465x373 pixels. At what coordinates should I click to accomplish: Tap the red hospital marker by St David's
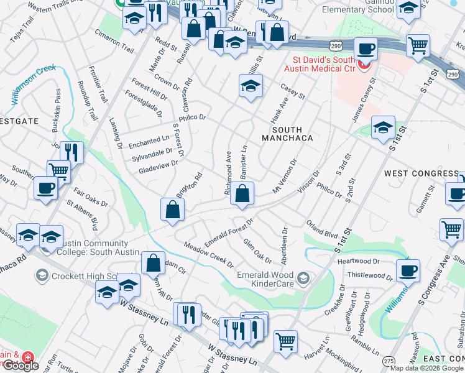[x=365, y=64]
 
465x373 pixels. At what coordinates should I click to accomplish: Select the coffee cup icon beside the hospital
[x=366, y=48]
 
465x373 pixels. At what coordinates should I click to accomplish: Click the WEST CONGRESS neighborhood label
[x=421, y=173]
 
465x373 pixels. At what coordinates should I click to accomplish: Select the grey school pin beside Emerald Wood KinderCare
[x=303, y=277]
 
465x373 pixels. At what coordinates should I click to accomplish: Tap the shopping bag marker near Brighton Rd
[x=172, y=210]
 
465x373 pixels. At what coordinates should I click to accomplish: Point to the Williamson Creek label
[x=34, y=85]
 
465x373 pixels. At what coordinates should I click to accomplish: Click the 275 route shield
[x=389, y=361]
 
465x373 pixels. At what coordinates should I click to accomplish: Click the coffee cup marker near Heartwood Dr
[x=408, y=270]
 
